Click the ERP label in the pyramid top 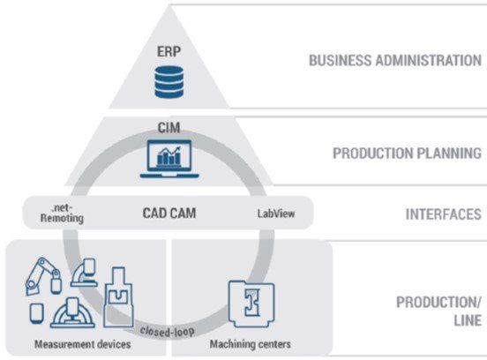tap(169, 51)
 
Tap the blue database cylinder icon tap(169, 82)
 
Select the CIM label tap(169, 128)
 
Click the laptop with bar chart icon tap(169, 159)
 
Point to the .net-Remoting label tap(62, 213)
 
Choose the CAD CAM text tap(169, 214)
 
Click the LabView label tap(276, 214)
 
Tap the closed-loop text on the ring tap(167, 332)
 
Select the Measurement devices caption tap(83, 344)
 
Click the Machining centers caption tap(251, 344)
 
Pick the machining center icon tap(251, 304)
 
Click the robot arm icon tap(43, 275)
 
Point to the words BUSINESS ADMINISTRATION tap(395, 60)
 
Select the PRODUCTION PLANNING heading tap(407, 154)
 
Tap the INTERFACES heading tap(444, 214)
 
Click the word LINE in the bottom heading tap(468, 320)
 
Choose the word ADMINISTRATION tap(429, 60)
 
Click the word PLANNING tap(449, 154)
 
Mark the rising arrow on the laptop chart tap(170, 152)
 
